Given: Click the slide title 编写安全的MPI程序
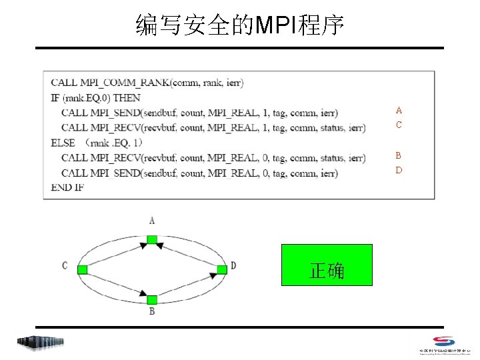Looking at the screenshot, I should click(x=240, y=25).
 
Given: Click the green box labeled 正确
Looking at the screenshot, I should click(x=327, y=265).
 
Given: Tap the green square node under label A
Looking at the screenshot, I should click(x=152, y=239).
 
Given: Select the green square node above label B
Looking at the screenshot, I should click(x=152, y=299).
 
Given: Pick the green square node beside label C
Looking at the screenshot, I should click(x=83, y=269).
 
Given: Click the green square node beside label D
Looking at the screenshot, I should click(x=221, y=269).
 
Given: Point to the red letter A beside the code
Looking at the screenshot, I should click(x=399, y=110).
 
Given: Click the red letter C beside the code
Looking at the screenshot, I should click(x=399, y=125).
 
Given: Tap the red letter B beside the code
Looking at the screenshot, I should click(x=399, y=155).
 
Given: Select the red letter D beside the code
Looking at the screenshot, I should click(x=399, y=170).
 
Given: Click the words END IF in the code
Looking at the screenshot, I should click(x=67, y=187).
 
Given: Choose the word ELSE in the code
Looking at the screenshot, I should click(x=63, y=143).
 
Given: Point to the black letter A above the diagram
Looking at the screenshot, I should click(x=152, y=221).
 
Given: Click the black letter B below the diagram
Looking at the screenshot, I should click(x=152, y=312).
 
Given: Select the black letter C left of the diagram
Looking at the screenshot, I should click(x=65, y=266).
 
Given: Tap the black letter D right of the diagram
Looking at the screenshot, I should click(x=233, y=266).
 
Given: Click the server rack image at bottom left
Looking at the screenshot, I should click(x=41, y=342).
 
